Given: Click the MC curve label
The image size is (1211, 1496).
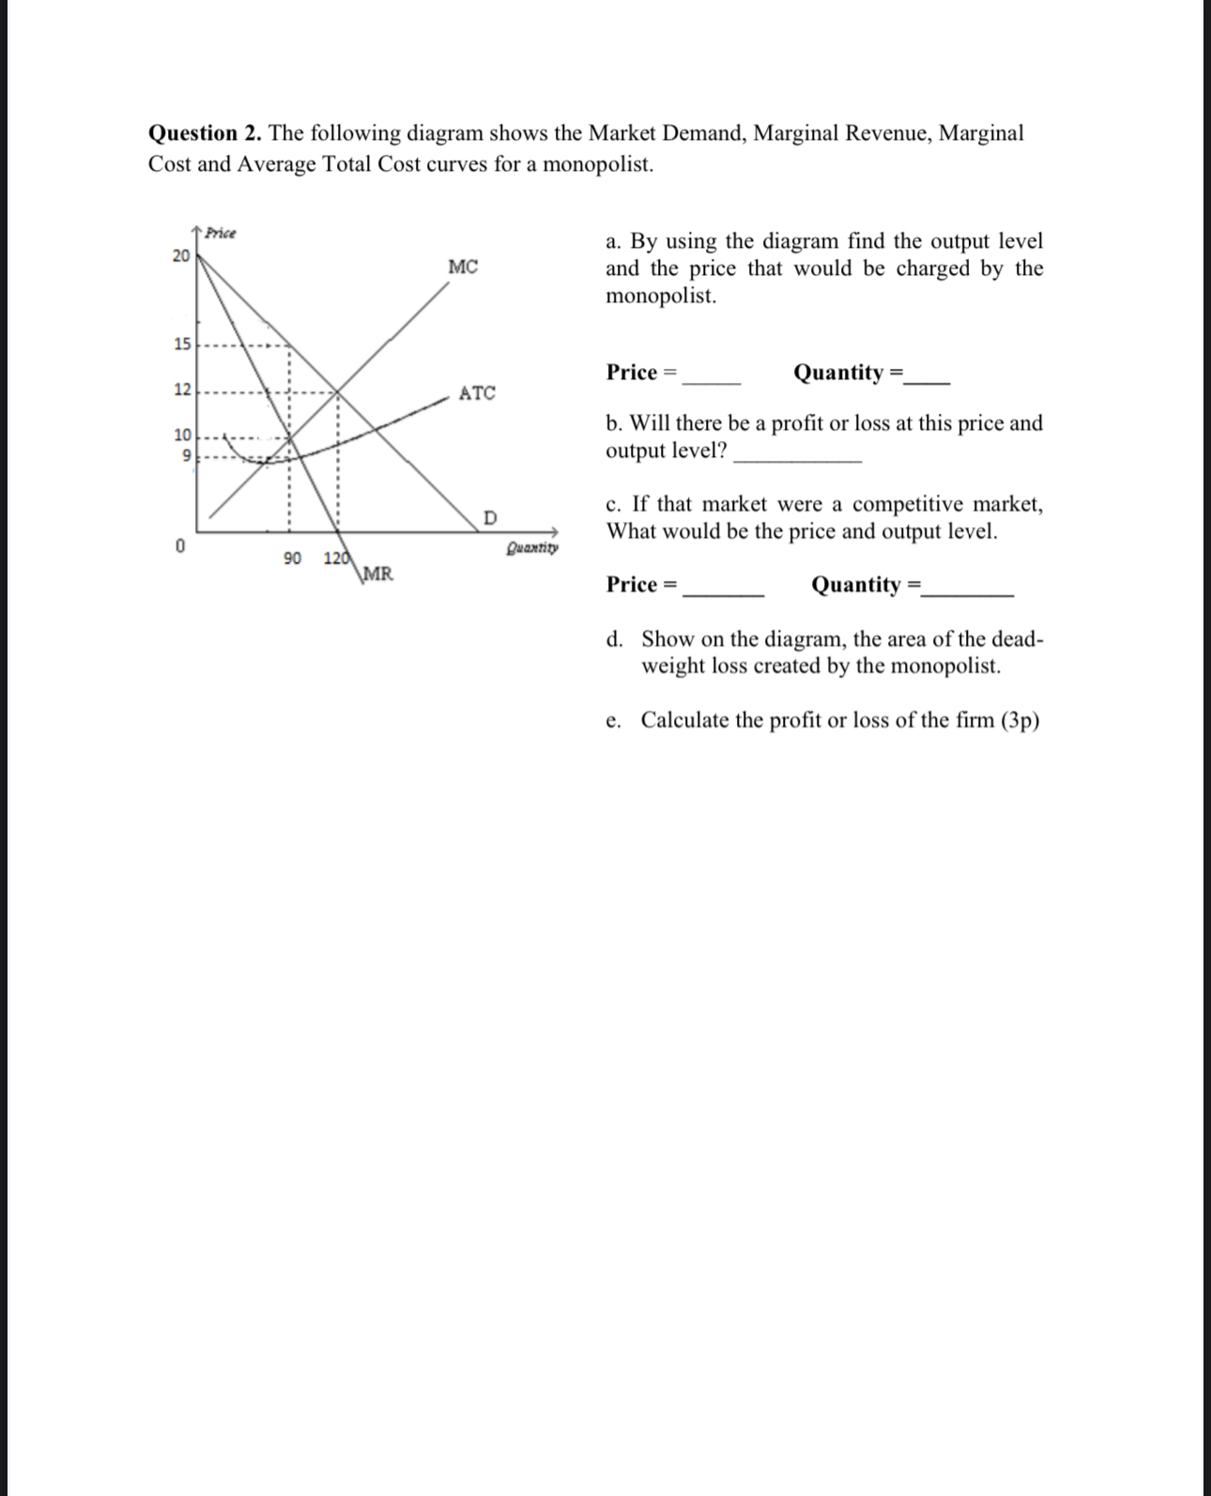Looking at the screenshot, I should click(x=463, y=267).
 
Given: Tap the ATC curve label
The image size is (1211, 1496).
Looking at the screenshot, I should click(x=477, y=393).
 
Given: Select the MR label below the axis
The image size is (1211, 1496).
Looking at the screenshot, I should click(x=378, y=573).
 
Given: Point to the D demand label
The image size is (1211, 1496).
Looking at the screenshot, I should click(x=490, y=518).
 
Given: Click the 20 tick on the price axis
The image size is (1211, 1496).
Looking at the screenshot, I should click(x=181, y=255).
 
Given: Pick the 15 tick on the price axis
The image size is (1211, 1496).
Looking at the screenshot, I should click(x=181, y=343).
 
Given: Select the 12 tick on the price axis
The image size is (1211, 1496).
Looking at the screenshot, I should click(x=181, y=389).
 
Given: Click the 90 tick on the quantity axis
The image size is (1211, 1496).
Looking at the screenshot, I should click(x=292, y=558).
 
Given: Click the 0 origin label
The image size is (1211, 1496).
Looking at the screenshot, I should click(x=180, y=545).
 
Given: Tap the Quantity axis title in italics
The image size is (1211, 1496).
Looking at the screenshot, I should click(x=532, y=547).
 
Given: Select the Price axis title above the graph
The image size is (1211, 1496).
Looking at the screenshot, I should click(x=221, y=233).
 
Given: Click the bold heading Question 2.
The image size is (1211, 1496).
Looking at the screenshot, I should click(x=206, y=133).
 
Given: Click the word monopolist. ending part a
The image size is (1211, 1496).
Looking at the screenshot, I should click(x=661, y=297).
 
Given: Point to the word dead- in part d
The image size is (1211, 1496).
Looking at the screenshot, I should click(x=1016, y=639).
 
